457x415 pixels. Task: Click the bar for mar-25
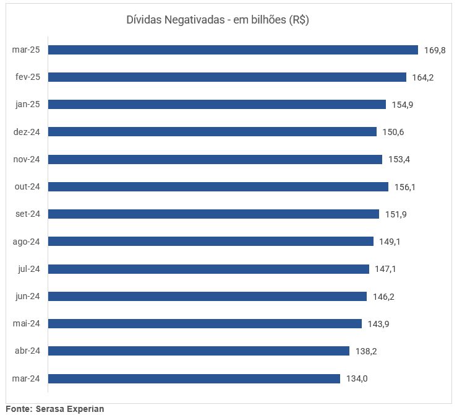click(233, 50)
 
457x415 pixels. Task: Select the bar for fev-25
click(227, 77)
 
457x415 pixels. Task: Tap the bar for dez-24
click(212, 132)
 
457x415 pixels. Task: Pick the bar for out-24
click(218, 186)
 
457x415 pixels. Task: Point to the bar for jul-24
click(208, 269)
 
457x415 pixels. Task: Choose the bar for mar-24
click(194, 378)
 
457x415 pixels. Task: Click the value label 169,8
click(435, 50)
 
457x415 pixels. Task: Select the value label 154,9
click(402, 105)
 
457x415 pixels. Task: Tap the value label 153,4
click(399, 159)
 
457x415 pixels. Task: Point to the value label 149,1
click(390, 242)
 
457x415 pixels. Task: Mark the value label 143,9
click(378, 324)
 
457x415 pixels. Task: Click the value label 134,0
click(357, 378)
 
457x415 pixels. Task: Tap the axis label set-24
click(27, 214)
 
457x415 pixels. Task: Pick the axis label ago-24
click(26, 242)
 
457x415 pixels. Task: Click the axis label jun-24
click(27, 296)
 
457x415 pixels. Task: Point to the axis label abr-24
click(27, 351)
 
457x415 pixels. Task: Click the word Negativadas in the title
click(194, 20)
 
